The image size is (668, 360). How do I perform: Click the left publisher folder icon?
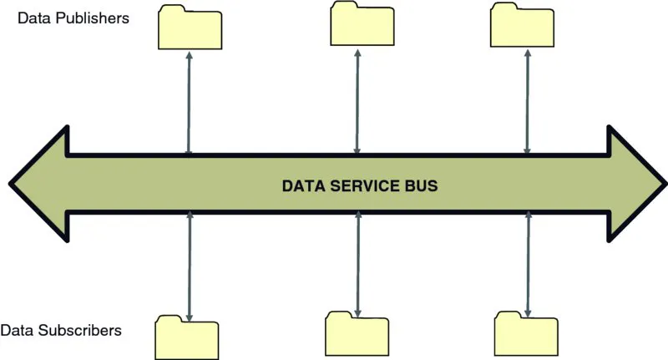pos(190,27)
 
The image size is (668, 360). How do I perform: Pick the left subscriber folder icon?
pos(187,337)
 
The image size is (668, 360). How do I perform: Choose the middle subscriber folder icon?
pos(357,333)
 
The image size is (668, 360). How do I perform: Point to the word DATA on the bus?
pos(300,185)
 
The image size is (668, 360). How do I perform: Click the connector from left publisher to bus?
pos(190,102)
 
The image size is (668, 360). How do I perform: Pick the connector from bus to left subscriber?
pos(190,266)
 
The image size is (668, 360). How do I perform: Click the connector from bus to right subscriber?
pos(527,263)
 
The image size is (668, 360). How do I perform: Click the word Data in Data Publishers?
pos(33,17)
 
